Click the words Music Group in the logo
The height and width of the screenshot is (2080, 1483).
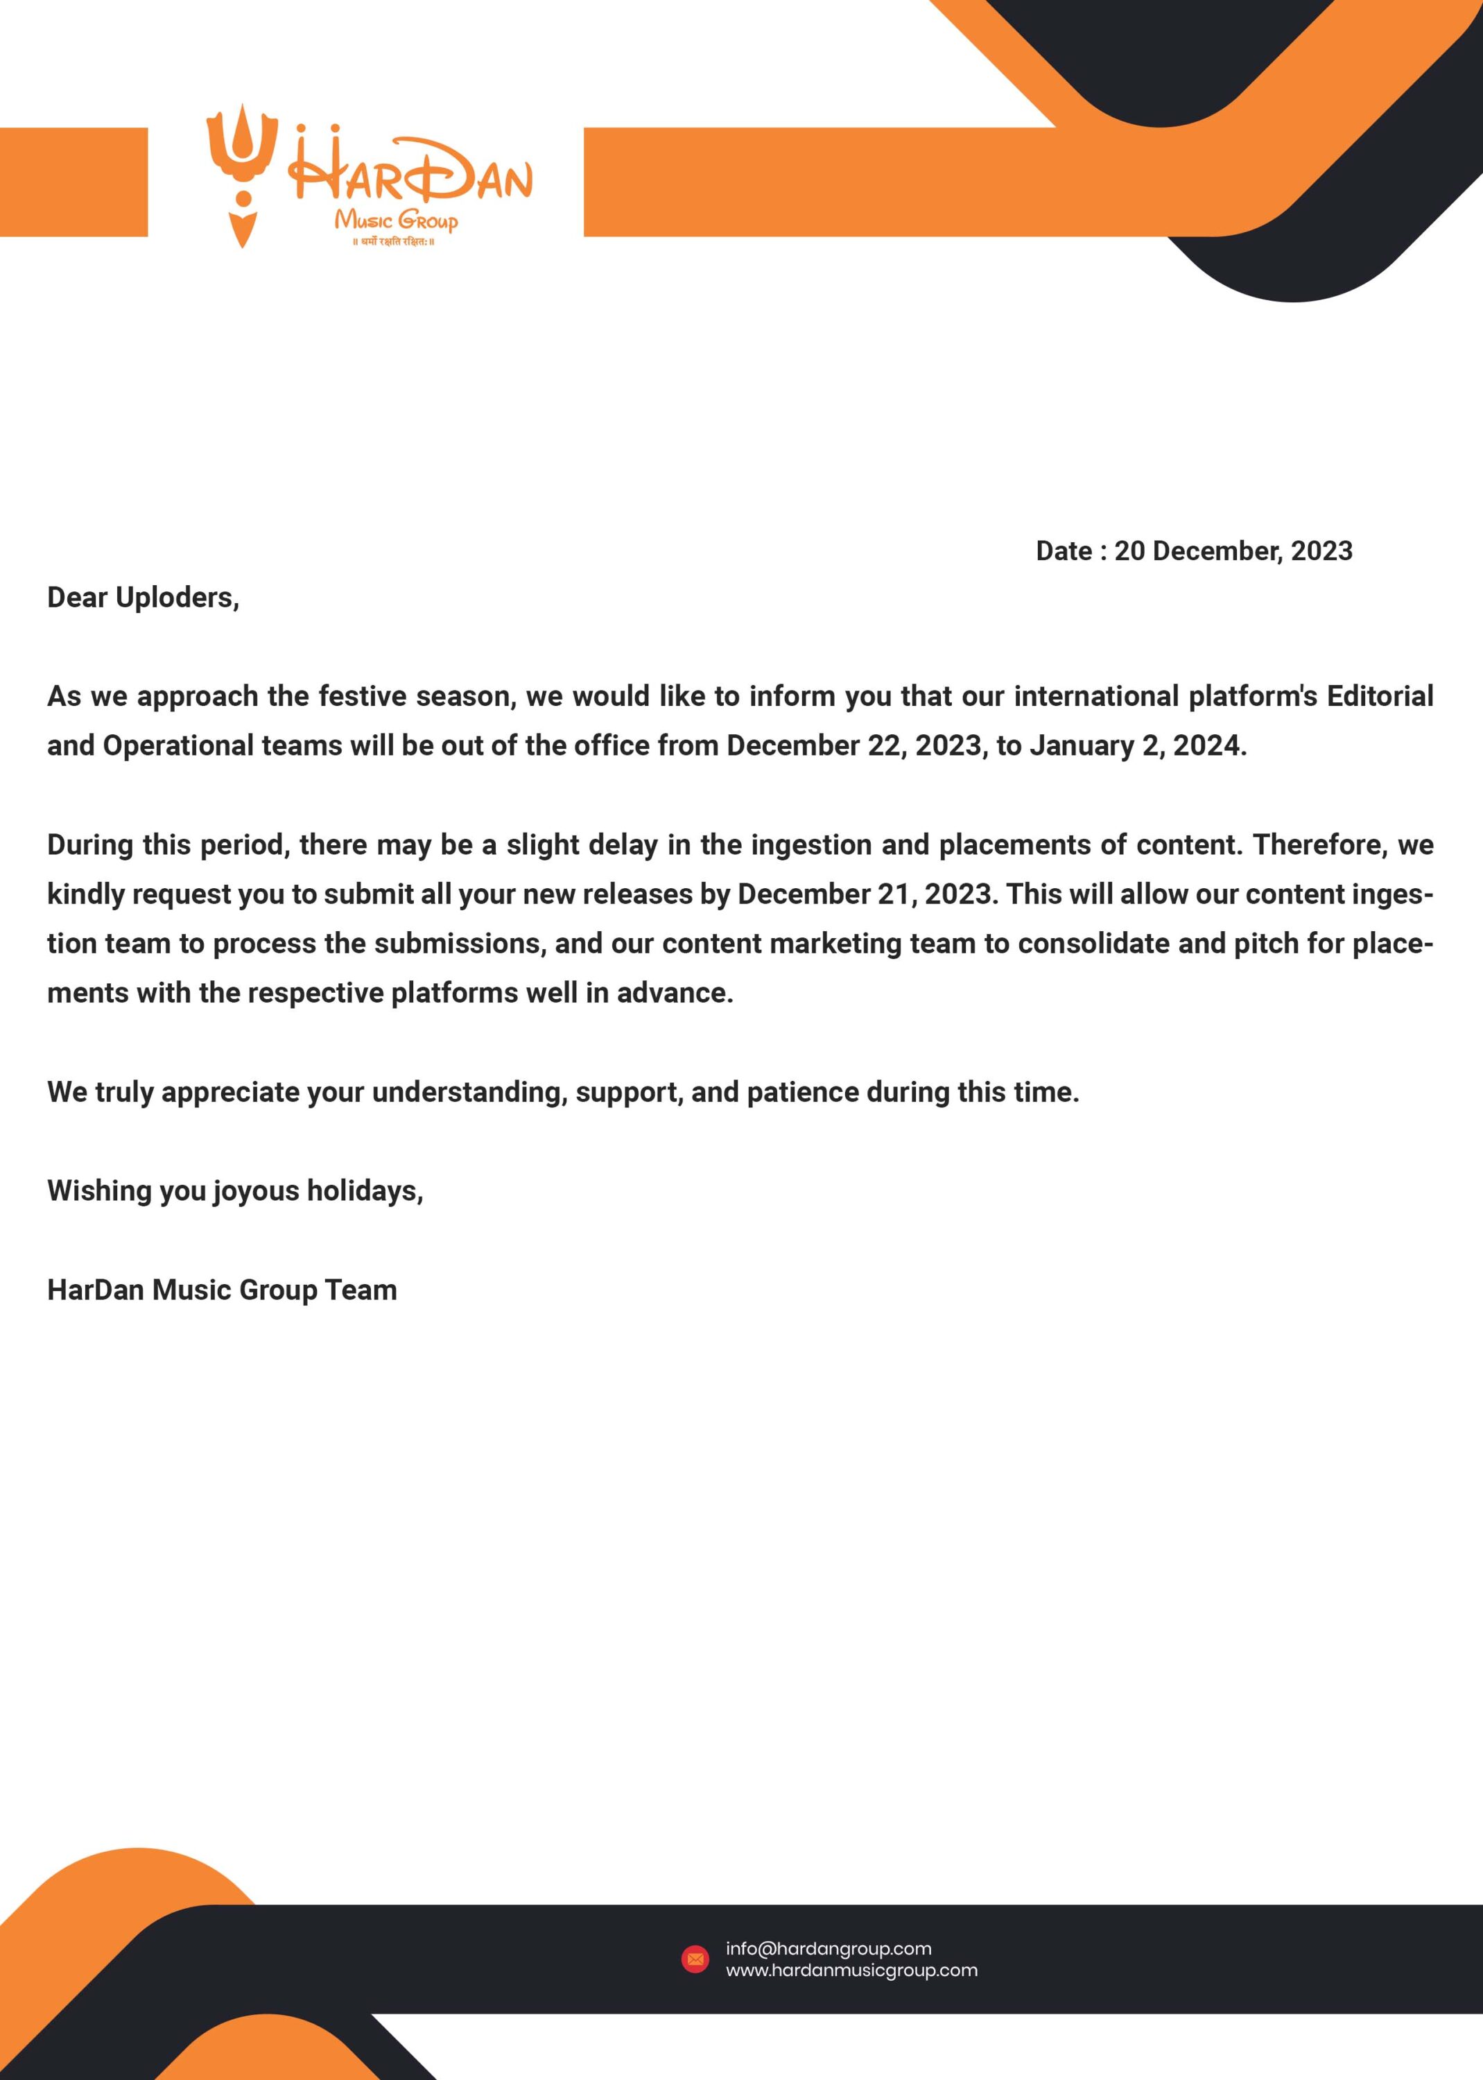395,220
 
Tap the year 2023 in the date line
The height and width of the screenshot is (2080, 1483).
1321,551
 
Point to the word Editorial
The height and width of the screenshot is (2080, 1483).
1379,696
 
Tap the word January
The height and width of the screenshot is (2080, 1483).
1082,745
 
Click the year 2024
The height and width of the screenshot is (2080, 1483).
1209,745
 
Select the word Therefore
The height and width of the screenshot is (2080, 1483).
1319,844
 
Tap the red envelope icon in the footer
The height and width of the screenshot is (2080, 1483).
695,1959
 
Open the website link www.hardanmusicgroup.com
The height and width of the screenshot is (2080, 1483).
851,1970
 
